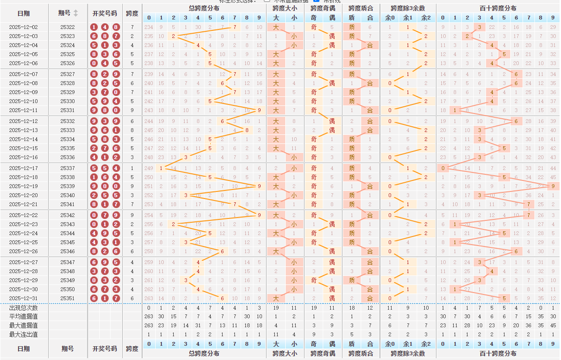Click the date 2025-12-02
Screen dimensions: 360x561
point(23,28)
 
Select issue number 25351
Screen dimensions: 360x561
point(67,298)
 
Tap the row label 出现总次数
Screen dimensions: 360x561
point(23,308)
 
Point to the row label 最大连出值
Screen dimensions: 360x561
point(23,334)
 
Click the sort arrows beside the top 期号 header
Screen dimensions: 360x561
point(76,13)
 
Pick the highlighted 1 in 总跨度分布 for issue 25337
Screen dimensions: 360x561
point(161,168)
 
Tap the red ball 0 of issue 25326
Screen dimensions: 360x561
point(94,64)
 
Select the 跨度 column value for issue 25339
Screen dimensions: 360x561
point(132,186)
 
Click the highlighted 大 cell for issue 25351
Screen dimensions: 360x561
point(276,298)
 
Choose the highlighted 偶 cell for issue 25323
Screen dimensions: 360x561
point(332,37)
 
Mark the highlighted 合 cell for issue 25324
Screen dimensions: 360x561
point(370,46)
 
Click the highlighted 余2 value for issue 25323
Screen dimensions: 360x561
point(426,37)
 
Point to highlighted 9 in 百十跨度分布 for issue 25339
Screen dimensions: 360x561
point(553,186)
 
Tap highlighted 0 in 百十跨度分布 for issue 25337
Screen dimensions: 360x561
point(443,168)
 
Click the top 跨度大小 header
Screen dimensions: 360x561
point(285,8)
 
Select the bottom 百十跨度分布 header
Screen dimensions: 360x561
point(497,353)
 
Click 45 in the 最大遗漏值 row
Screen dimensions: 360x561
point(553,325)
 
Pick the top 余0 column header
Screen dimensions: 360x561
point(390,18)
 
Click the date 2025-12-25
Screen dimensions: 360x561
point(23,242)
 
